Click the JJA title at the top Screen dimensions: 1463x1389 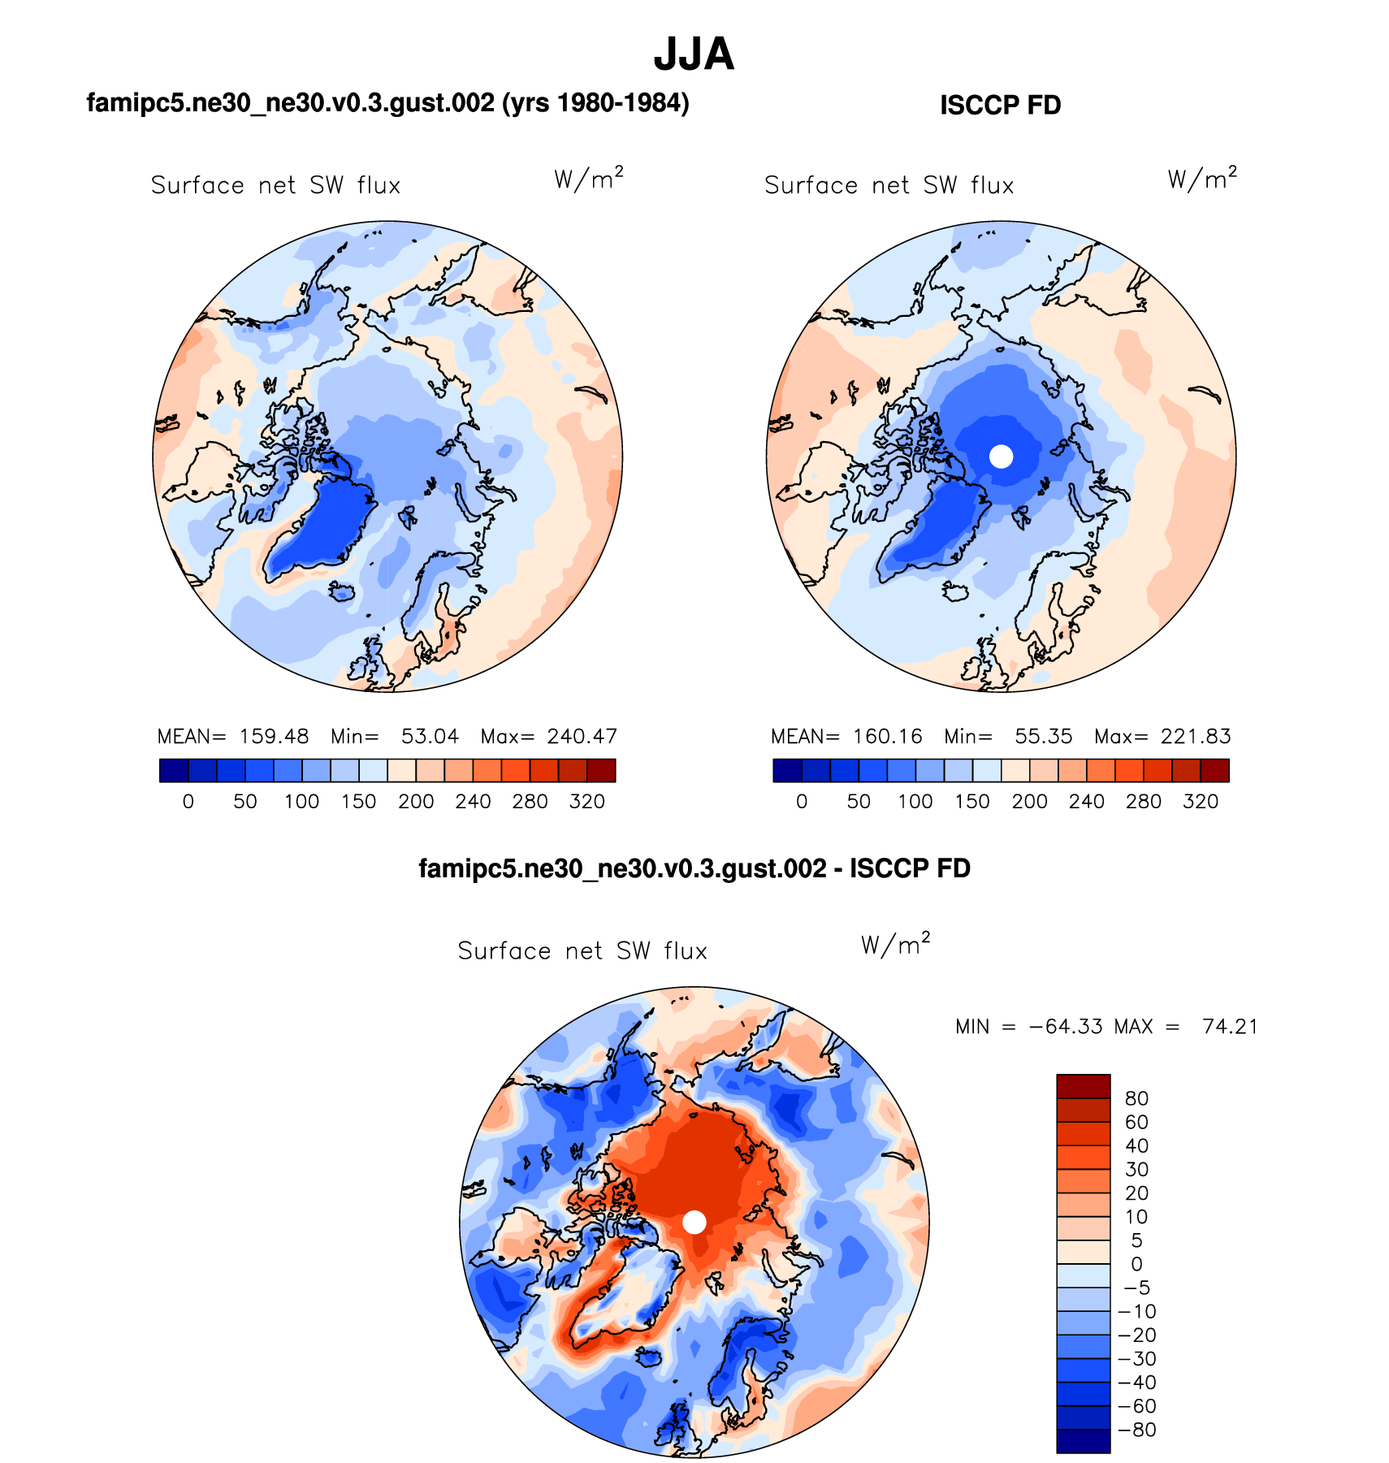(694, 55)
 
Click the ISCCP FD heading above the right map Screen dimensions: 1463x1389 (1000, 106)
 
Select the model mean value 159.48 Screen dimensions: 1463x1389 (274, 737)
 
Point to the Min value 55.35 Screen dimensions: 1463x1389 (1043, 737)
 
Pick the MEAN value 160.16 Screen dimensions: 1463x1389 (887, 737)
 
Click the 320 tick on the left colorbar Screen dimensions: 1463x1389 (586, 802)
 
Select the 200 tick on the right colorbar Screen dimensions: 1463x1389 (1029, 802)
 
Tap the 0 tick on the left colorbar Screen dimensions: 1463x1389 (188, 802)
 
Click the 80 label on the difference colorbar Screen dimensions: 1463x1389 (1136, 1099)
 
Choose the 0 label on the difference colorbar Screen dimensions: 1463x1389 (1136, 1265)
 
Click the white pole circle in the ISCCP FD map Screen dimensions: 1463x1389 (1002, 457)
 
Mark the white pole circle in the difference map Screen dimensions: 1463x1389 (694, 1222)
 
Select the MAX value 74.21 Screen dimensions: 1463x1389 (1230, 1027)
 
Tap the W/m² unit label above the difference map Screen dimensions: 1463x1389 (895, 945)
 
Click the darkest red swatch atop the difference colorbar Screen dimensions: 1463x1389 (1083, 1086)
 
